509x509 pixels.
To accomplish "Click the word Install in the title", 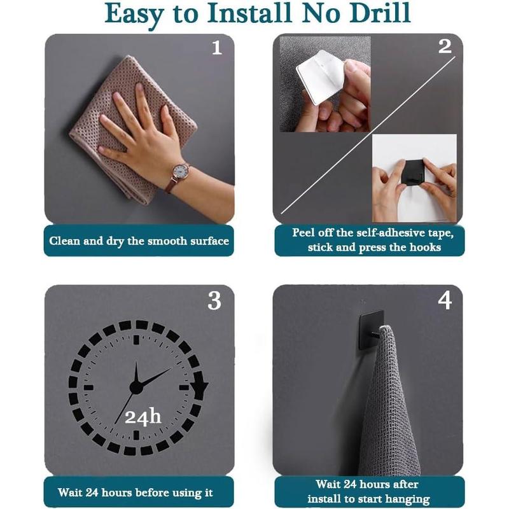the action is pyautogui.click(x=249, y=13).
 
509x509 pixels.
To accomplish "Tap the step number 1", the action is pyautogui.click(x=217, y=48).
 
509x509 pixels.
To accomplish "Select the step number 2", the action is pyautogui.click(x=445, y=46).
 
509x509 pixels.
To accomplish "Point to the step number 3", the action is pyautogui.click(x=214, y=301).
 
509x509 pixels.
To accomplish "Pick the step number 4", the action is pyautogui.click(x=445, y=300).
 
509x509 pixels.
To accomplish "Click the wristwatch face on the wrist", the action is pyautogui.click(x=179, y=171).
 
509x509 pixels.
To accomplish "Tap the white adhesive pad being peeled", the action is pyautogui.click(x=320, y=76).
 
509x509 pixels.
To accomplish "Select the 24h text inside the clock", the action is pyautogui.click(x=143, y=417).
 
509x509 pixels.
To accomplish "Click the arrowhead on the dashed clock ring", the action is pyautogui.click(x=199, y=386).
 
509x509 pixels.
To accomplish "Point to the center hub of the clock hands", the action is pyautogui.click(x=136, y=387).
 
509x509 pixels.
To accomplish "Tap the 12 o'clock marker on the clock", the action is pyautogui.click(x=136, y=340).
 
